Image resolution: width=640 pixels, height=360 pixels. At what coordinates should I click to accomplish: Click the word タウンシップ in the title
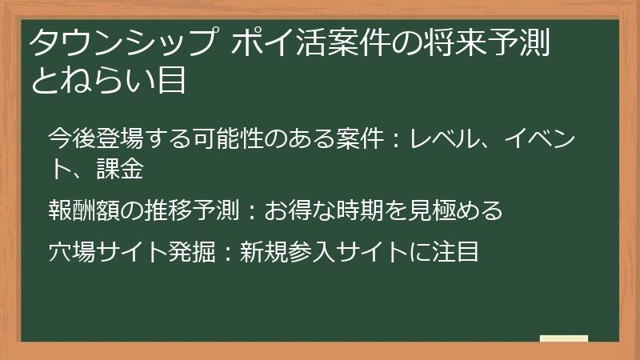[122, 42]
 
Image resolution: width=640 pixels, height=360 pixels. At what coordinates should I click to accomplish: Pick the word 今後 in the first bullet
[72, 138]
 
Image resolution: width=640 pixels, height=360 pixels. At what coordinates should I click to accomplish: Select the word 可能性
[228, 138]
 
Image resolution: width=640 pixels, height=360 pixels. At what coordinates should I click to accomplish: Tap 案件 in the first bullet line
[360, 138]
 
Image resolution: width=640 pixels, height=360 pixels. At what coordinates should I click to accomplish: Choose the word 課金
[120, 169]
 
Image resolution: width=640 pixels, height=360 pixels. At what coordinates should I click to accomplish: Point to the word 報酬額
[84, 210]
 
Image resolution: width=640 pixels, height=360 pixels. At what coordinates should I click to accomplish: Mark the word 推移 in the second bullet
[168, 210]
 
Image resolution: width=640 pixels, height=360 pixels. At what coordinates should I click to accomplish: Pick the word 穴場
[72, 252]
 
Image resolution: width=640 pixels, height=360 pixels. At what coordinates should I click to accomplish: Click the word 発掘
[192, 252]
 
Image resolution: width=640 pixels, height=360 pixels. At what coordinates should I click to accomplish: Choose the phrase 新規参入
[288, 252]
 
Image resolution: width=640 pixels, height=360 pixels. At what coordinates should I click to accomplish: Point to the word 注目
[455, 252]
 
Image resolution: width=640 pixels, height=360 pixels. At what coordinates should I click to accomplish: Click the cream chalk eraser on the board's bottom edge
[564, 338]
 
